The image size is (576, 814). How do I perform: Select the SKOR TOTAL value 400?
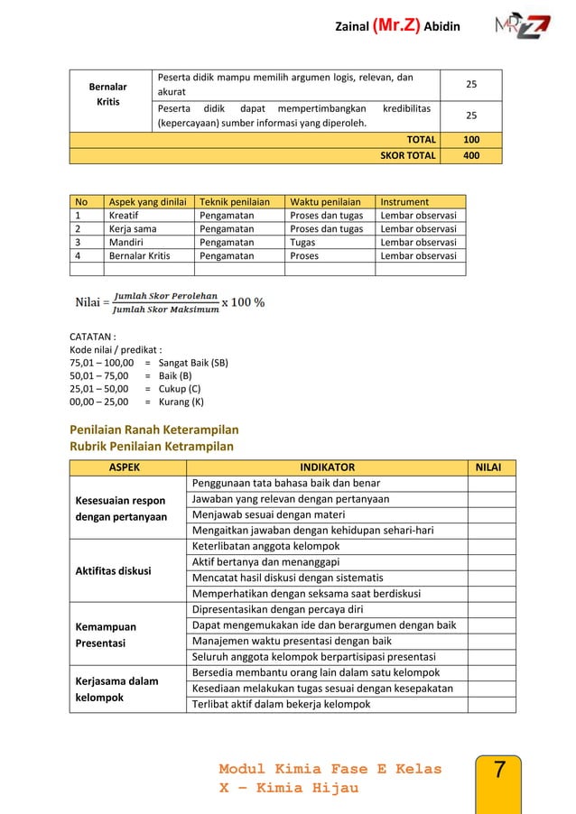471,155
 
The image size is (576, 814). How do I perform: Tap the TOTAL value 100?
471,139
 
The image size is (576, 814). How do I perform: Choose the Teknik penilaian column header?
233,202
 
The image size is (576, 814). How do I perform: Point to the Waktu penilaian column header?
325,202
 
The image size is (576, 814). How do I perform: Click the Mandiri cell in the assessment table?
126,242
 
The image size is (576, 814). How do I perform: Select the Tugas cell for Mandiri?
303,242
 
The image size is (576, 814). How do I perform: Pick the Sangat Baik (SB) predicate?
192,363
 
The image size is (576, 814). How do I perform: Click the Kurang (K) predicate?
181,402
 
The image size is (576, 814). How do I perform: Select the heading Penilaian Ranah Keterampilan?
153,430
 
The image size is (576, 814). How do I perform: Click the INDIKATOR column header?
327,467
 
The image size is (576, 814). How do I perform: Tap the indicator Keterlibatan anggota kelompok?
264,546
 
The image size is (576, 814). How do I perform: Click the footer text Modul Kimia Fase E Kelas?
330,769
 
